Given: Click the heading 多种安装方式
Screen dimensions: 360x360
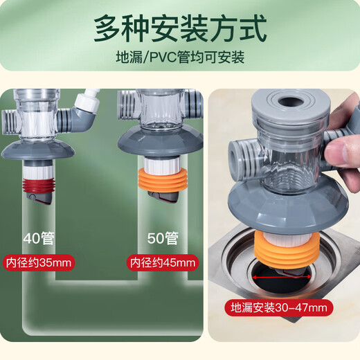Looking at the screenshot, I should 179,28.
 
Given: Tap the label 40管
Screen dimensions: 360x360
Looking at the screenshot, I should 41,240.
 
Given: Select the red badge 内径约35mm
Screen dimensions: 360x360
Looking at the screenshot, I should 39,263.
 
